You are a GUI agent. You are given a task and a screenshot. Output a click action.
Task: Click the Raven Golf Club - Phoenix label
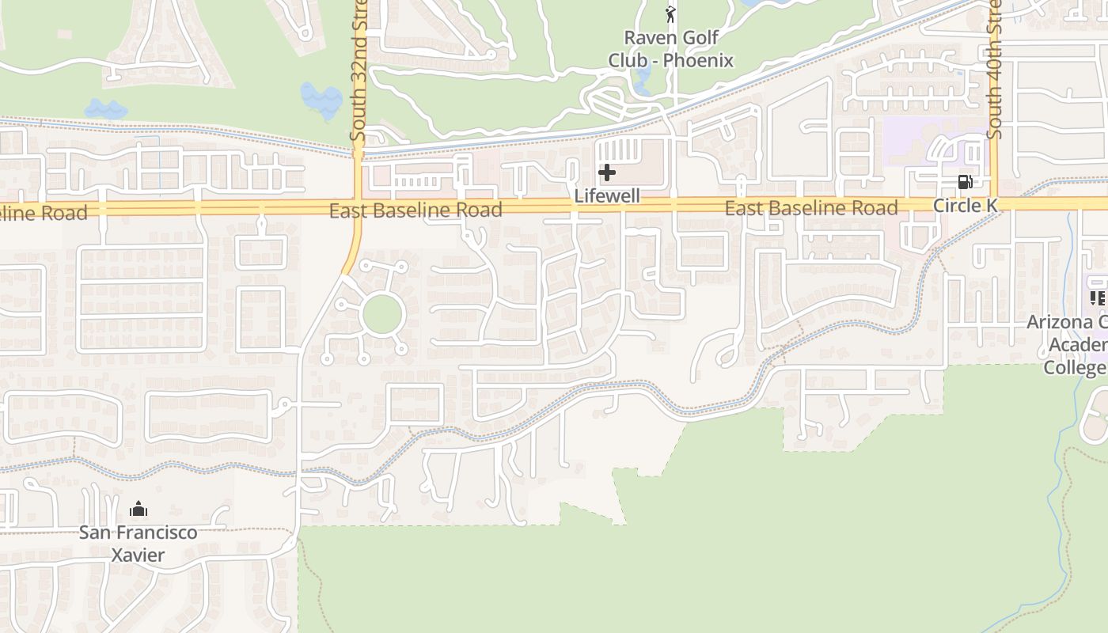[x=671, y=49]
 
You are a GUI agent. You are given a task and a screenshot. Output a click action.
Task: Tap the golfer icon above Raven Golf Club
[x=671, y=14]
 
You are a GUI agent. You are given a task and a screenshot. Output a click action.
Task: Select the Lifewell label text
[x=607, y=195]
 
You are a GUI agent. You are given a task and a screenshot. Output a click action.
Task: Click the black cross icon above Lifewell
[x=607, y=172]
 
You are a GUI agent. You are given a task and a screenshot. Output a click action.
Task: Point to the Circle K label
[x=965, y=206]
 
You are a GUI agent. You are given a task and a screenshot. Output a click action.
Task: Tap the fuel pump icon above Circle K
[x=965, y=182]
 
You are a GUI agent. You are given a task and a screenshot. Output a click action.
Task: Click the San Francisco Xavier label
[x=138, y=543]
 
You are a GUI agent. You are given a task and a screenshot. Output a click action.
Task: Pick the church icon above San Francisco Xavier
[x=138, y=509]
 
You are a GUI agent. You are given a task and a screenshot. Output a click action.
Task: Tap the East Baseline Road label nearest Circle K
[x=811, y=208]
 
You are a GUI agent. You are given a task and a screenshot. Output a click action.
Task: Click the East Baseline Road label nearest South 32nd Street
[x=415, y=210]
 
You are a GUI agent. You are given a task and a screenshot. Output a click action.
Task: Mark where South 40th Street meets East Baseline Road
[x=994, y=204]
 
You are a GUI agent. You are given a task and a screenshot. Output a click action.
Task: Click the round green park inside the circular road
[x=383, y=315]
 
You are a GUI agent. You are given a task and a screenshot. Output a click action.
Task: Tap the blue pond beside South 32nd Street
[x=321, y=99]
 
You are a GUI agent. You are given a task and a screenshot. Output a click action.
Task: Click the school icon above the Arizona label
[x=1098, y=298]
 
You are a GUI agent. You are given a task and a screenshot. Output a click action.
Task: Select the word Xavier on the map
[x=138, y=555]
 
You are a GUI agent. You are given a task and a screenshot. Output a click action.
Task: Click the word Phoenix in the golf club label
[x=698, y=60]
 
